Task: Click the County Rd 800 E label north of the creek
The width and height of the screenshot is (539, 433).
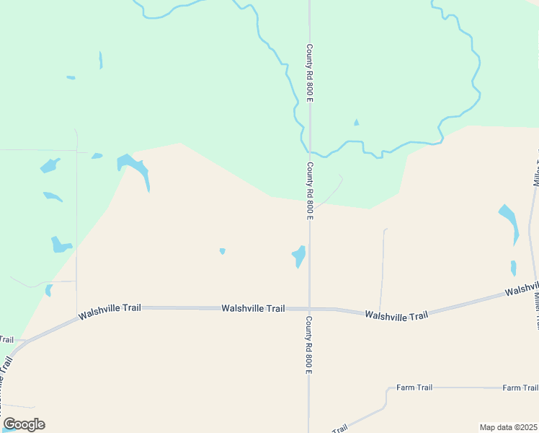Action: coord(309,73)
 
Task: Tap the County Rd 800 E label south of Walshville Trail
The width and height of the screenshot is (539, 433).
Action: coord(308,345)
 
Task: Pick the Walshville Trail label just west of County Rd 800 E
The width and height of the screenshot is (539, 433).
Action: coord(253,308)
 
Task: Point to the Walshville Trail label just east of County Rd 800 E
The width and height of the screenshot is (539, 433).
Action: coord(396,315)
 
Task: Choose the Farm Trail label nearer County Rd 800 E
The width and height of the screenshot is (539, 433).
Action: coord(414,388)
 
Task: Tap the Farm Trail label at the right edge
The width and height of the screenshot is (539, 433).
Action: coord(520,388)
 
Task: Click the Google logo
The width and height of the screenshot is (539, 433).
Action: coord(24,424)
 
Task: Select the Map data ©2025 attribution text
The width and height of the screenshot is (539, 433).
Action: coord(509,427)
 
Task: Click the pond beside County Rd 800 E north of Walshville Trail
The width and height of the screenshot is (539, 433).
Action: coord(298,255)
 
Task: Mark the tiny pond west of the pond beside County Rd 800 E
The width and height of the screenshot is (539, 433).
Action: coord(223,251)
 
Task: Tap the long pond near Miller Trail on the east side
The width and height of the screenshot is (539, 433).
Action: coord(509,222)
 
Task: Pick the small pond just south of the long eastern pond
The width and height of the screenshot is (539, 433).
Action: coord(513,268)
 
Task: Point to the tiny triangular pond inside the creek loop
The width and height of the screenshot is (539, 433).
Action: coord(356,123)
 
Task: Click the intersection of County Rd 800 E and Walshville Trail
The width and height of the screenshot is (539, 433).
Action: coord(309,309)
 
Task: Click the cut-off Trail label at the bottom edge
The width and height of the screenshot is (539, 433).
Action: coord(339,428)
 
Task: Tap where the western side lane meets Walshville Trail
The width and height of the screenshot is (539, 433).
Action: coord(77,315)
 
